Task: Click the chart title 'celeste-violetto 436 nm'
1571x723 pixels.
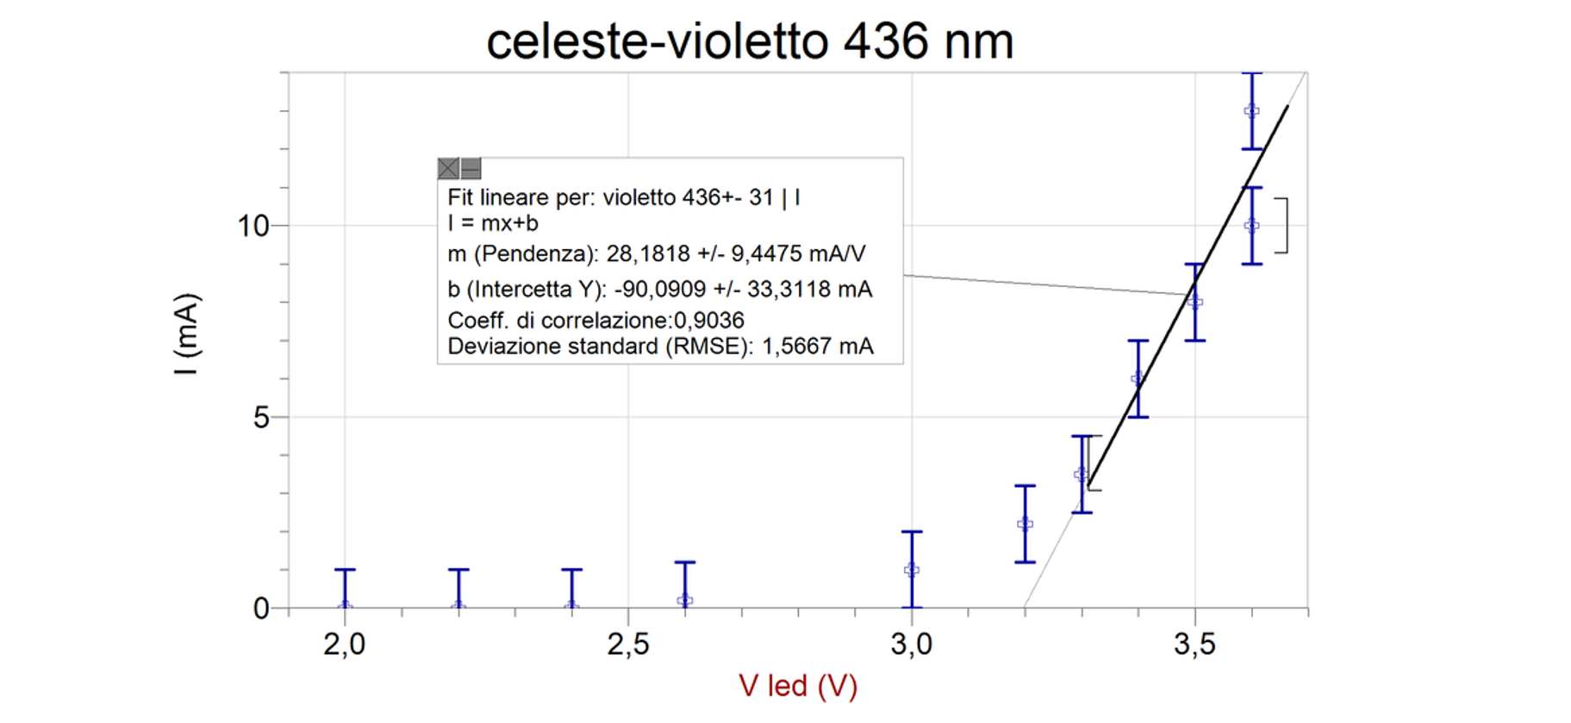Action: coord(750,41)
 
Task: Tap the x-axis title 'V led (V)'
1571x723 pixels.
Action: coord(798,686)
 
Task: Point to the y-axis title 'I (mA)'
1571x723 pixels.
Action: coord(187,334)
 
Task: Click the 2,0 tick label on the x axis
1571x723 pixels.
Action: coord(345,644)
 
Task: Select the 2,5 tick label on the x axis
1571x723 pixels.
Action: coord(628,644)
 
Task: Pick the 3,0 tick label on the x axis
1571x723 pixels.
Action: coord(911,644)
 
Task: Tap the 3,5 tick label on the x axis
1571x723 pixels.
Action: coord(1194,644)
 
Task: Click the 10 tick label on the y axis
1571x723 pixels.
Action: coord(253,226)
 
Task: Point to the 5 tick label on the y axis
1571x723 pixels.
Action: coord(261,418)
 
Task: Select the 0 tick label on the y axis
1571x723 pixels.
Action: coord(261,609)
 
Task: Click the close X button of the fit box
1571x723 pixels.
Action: coord(448,168)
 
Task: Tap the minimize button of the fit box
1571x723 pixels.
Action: coord(471,168)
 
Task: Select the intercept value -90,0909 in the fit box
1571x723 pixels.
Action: coord(659,290)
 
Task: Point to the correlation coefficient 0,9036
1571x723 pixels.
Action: coord(708,321)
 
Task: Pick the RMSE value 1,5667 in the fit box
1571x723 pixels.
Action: coord(797,346)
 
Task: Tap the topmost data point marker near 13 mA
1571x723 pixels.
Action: coord(1251,110)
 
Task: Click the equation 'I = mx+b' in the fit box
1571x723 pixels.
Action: coord(493,223)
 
